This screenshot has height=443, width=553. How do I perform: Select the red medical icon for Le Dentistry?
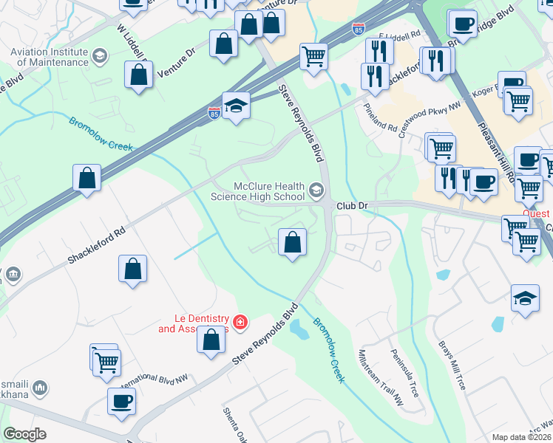point(240,322)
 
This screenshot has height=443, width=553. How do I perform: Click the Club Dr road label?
point(352,206)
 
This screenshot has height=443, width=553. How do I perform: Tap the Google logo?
point(24,434)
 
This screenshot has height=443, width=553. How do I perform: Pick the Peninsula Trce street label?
point(405,374)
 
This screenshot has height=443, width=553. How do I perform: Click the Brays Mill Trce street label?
point(452,366)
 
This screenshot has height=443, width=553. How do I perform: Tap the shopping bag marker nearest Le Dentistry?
point(211,340)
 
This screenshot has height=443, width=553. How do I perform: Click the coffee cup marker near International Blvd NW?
point(121,402)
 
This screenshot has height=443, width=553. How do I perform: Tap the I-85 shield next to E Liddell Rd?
point(359,30)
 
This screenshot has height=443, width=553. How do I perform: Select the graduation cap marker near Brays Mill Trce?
point(525,298)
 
